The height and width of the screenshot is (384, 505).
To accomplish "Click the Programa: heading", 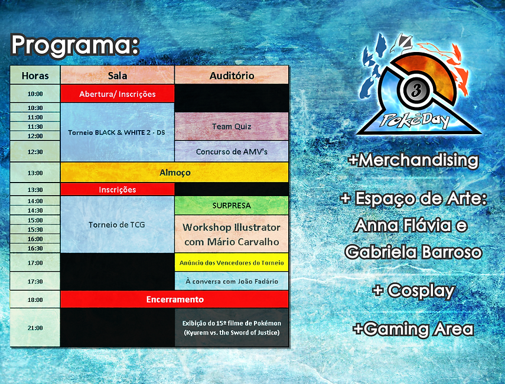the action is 75,45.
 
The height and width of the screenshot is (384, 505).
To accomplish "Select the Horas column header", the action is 35,76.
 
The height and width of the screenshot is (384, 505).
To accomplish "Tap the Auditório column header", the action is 232,76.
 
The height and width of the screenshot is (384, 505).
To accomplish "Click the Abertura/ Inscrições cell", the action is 118,94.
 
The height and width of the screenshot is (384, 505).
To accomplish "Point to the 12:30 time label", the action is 35,152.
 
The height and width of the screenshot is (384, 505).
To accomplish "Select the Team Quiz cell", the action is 232,126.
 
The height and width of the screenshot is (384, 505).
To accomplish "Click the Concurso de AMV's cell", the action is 232,151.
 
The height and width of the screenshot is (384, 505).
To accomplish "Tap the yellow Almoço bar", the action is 175,173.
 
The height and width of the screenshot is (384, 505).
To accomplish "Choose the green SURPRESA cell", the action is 232,206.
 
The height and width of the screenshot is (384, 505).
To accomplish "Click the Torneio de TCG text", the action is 117,224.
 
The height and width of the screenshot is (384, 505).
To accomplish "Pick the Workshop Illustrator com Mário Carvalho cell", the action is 232,234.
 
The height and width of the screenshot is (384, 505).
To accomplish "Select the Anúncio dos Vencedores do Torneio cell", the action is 232,262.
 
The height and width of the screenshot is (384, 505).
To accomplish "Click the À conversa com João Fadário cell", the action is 232,281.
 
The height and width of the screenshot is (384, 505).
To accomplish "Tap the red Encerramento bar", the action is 175,300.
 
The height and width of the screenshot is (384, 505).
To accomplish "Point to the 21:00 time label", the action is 35,328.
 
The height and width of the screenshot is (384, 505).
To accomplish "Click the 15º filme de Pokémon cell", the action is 232,328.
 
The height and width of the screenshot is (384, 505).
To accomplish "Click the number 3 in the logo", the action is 416,90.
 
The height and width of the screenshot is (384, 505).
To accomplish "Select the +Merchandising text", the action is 413,160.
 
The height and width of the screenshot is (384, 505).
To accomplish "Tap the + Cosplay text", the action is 413,291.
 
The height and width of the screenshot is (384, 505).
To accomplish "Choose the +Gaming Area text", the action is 413,329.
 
